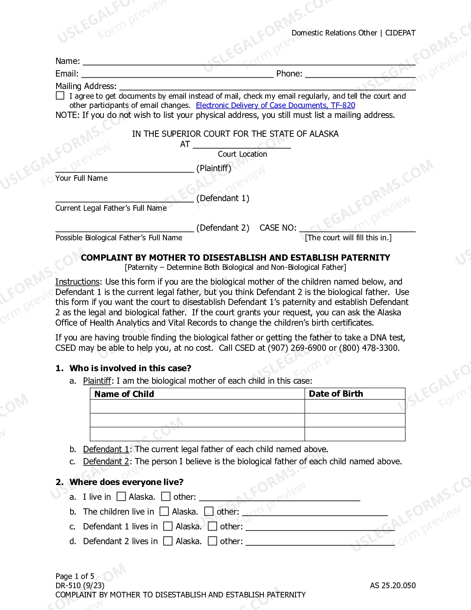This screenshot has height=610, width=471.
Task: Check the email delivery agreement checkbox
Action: (60, 96)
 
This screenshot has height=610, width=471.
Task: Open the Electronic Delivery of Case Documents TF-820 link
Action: (275, 105)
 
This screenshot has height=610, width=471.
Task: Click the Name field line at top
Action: (249, 61)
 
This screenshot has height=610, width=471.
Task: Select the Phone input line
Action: (360, 74)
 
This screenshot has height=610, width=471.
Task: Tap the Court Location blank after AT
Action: (242, 145)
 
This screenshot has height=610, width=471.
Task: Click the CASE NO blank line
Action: (357, 228)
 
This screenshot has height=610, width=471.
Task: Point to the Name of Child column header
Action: (124, 394)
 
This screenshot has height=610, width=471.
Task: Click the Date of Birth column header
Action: (336, 394)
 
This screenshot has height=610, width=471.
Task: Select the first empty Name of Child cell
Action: (197, 406)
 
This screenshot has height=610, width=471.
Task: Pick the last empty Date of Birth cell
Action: (355, 434)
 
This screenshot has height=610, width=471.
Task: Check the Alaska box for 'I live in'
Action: (121, 497)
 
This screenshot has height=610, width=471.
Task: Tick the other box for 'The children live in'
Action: (209, 511)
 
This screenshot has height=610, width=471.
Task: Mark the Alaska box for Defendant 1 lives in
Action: (168, 526)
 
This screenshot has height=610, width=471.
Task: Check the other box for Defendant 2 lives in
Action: (212, 541)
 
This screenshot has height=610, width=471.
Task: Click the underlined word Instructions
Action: (77, 282)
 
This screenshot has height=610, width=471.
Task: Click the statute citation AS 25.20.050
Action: (393, 586)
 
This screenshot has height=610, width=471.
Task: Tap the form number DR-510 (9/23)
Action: (80, 586)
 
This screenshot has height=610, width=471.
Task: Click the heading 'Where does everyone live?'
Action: (126, 482)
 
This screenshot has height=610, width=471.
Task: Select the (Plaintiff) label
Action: (214, 169)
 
